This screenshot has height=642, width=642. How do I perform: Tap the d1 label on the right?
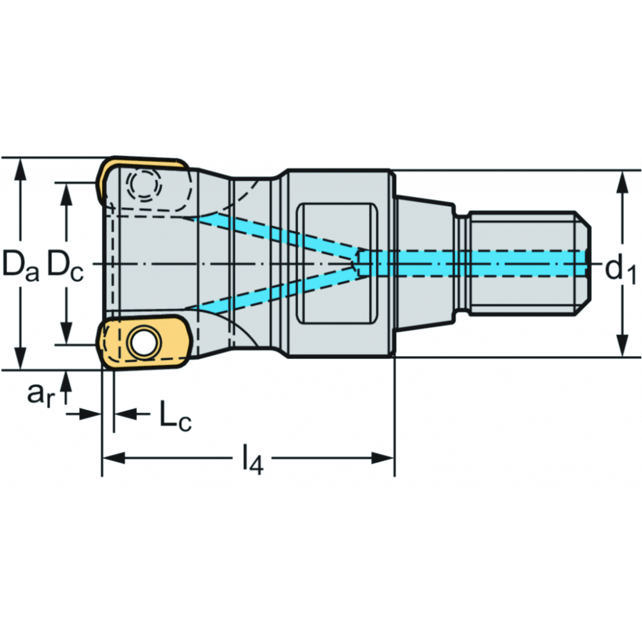(x=621, y=271)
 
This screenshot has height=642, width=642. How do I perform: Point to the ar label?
(x=40, y=394)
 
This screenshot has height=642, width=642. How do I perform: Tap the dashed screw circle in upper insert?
(x=144, y=184)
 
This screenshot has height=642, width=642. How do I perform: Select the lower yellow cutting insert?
(x=143, y=342)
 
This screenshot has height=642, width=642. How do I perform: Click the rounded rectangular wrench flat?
(x=337, y=263)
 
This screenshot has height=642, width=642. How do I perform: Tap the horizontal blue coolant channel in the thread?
(x=473, y=263)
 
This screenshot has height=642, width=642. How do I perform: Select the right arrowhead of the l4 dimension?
(x=383, y=458)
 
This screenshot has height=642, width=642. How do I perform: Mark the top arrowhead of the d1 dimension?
(x=623, y=183)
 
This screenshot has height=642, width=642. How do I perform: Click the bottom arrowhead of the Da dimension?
(x=20, y=358)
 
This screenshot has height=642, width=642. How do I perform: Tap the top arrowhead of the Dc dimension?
(x=66, y=194)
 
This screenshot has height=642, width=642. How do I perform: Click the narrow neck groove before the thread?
(x=462, y=263)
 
